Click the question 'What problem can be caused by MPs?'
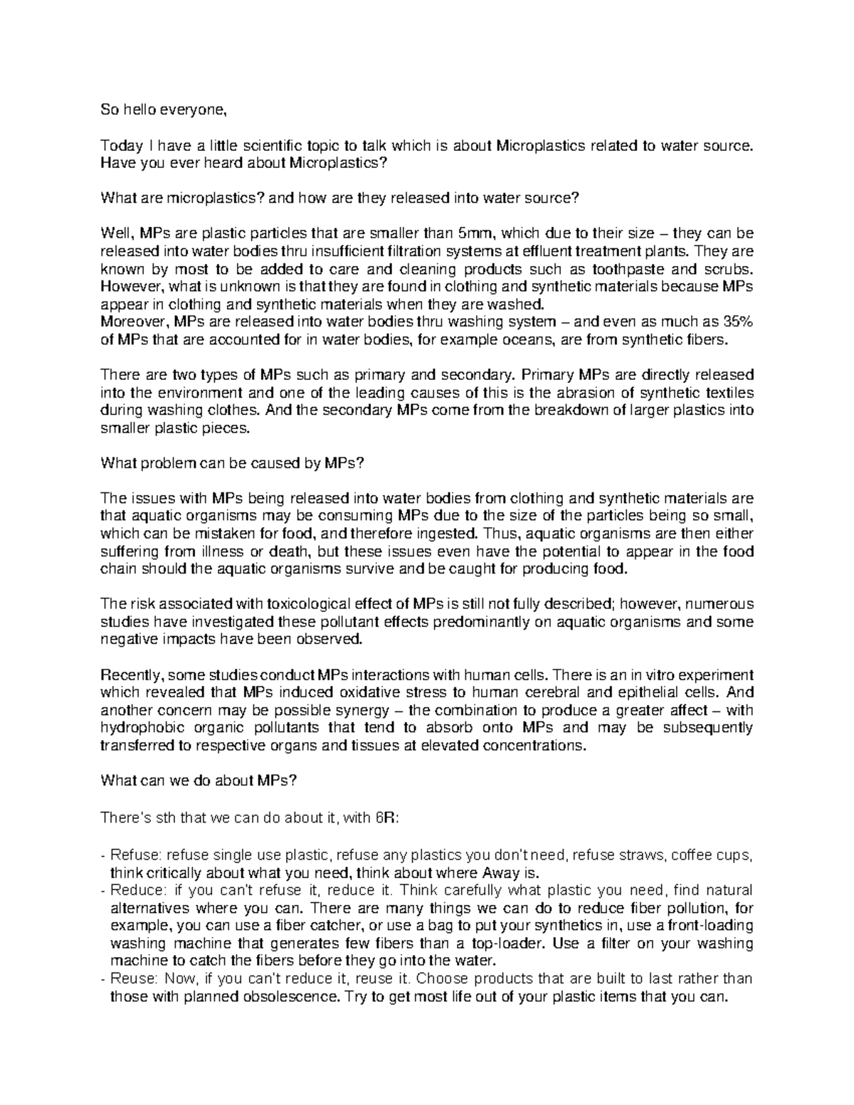pos(233,463)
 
